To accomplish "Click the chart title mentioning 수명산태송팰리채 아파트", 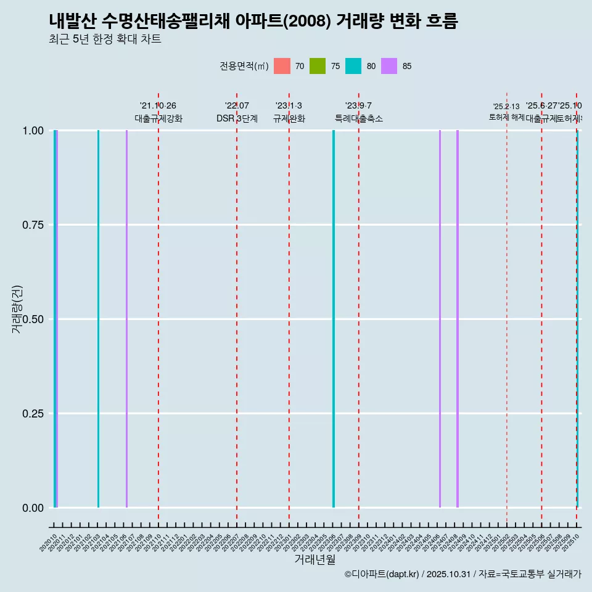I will (253, 22).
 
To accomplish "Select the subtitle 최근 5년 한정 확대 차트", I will (105, 39).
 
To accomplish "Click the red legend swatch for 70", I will (282, 66).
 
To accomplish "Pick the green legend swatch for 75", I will (318, 66).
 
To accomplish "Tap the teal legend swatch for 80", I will (353, 66).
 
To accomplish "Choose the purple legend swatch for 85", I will (389, 66).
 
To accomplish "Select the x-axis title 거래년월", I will (314, 560).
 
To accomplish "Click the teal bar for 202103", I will (98, 319).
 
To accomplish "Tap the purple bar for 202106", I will (126, 319).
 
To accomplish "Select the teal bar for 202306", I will (334, 319).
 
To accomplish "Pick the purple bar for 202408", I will (458, 319).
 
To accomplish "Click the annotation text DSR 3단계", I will (237, 118).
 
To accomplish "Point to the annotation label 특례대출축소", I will (358, 118).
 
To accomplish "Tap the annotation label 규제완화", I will (289, 118).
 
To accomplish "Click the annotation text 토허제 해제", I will (506, 117).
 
